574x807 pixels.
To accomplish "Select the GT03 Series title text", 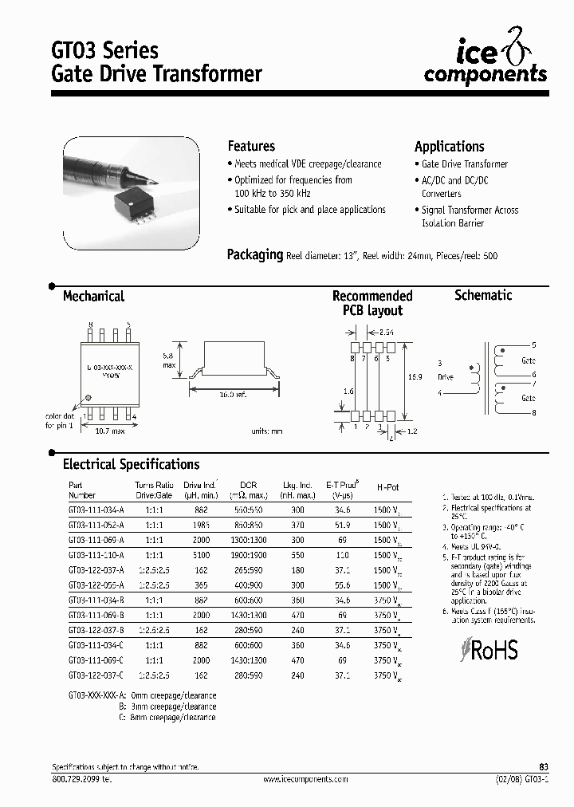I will tap(105, 50).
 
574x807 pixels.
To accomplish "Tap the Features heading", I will tap(251, 146).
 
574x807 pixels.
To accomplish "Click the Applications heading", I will tap(449, 147).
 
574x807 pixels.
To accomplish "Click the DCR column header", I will tap(248, 484).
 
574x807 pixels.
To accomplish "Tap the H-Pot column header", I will tap(388, 486).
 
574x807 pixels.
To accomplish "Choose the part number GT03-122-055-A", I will tap(102, 585).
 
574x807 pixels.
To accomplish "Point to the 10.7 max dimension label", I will tap(105, 431).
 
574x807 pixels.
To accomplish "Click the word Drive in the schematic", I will tap(445, 376).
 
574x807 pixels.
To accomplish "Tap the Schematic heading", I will tap(482, 295).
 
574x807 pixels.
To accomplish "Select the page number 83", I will tap(544, 766).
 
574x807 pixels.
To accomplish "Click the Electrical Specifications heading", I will tap(131, 464).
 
